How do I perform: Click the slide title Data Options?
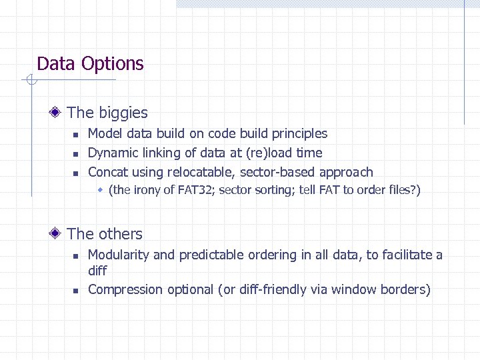coord(90,64)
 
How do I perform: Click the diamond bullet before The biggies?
coord(59,113)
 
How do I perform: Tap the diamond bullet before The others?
coord(59,234)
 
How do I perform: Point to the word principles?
coord(297,134)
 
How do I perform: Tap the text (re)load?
coord(267,153)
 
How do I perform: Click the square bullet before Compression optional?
coord(76,290)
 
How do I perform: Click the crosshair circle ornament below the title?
coord(29,81)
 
